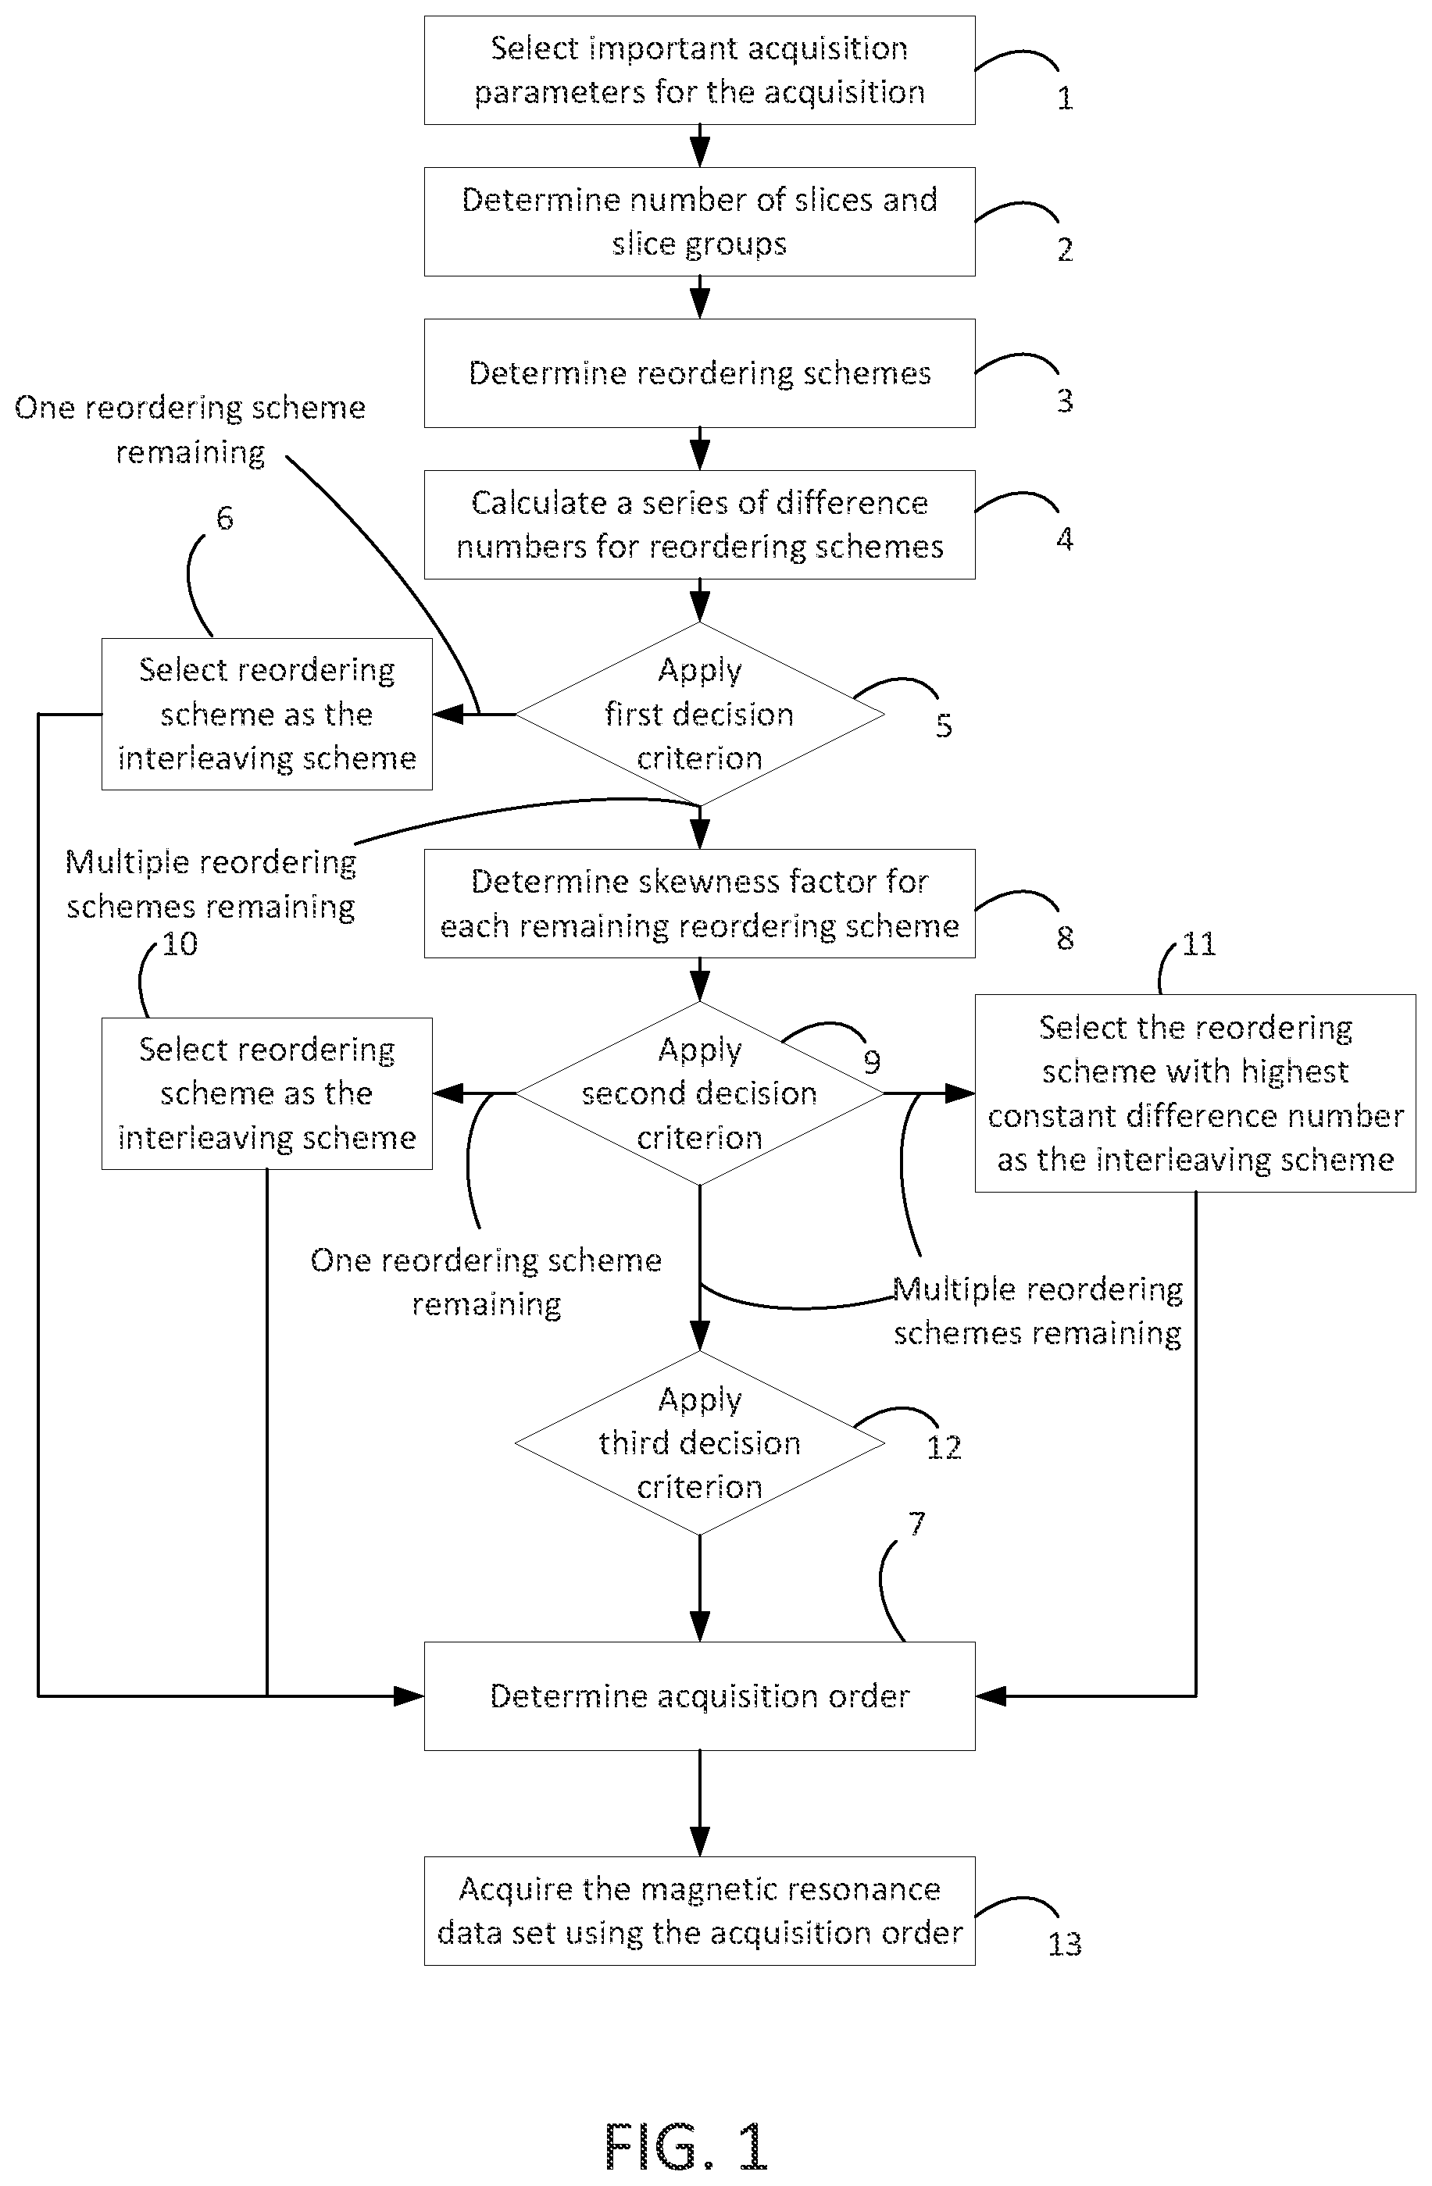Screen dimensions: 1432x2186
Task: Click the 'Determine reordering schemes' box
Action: (699, 373)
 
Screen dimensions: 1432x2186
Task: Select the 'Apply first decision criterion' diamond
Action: (699, 714)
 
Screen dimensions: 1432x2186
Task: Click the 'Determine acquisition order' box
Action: (699, 1696)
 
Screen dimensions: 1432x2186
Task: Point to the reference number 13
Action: (1065, 1944)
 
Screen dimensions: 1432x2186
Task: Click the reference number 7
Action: (916, 1524)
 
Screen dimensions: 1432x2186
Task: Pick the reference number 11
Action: (1198, 943)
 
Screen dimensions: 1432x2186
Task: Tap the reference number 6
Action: (224, 518)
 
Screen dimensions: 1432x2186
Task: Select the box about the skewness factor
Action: (699, 904)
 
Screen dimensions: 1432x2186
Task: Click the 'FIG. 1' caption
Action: (685, 2145)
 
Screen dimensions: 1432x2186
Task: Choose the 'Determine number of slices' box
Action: (699, 221)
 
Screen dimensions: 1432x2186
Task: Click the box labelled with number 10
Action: (266, 1093)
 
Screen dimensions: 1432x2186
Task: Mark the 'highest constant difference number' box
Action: (1195, 1093)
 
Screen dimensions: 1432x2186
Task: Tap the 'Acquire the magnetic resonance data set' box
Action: (699, 1910)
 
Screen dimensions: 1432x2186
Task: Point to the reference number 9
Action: (872, 1062)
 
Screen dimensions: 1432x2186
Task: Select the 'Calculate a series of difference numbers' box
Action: (699, 525)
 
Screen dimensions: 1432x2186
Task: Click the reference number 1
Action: (1065, 98)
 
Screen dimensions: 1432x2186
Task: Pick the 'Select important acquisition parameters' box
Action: (699, 70)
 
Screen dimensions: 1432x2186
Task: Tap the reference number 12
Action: (943, 1446)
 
